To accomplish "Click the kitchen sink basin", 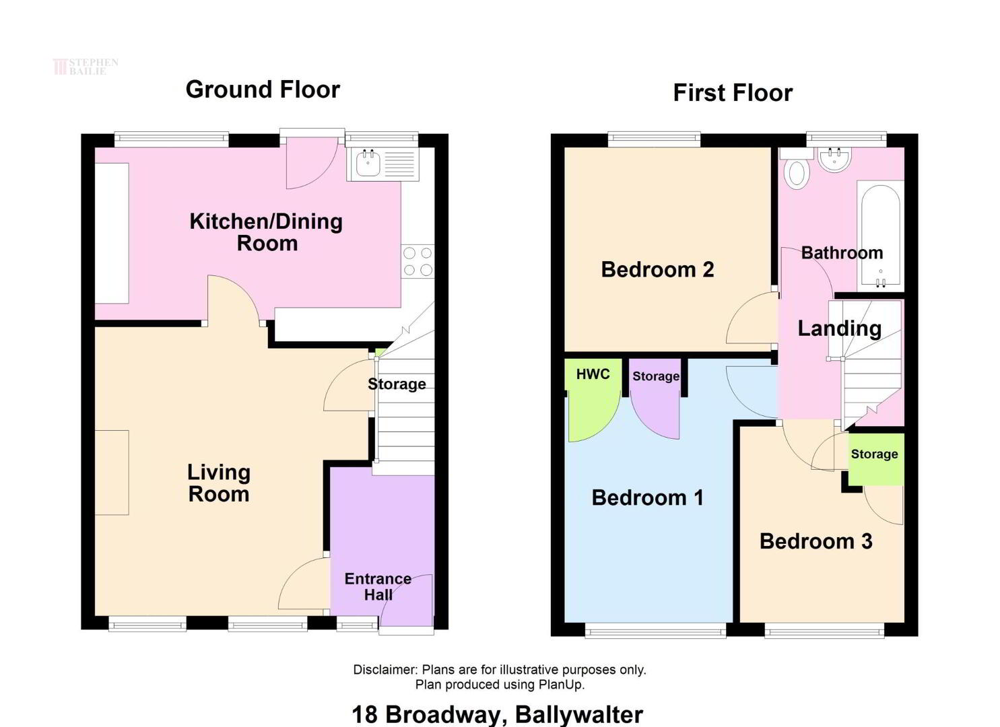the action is coord(368,163).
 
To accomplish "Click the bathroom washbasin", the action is coord(835,160).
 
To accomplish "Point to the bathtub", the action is coord(880,236).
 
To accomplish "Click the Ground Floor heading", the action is coord(263,90).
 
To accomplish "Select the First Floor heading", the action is coord(733,93).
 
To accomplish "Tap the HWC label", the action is coord(593,374).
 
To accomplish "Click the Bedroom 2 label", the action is coord(658,269).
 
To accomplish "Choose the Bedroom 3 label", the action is coord(816,541).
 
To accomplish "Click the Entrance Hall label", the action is coord(378,587).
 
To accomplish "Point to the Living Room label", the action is coord(219,483).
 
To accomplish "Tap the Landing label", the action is coord(839,329).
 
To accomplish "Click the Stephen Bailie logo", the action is coord(86,67).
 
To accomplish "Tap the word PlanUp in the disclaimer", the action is coord(561,685).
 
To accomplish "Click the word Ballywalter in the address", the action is coord(579,714).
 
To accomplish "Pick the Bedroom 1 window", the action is coord(655,629).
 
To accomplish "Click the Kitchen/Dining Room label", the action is coord(267,232).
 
